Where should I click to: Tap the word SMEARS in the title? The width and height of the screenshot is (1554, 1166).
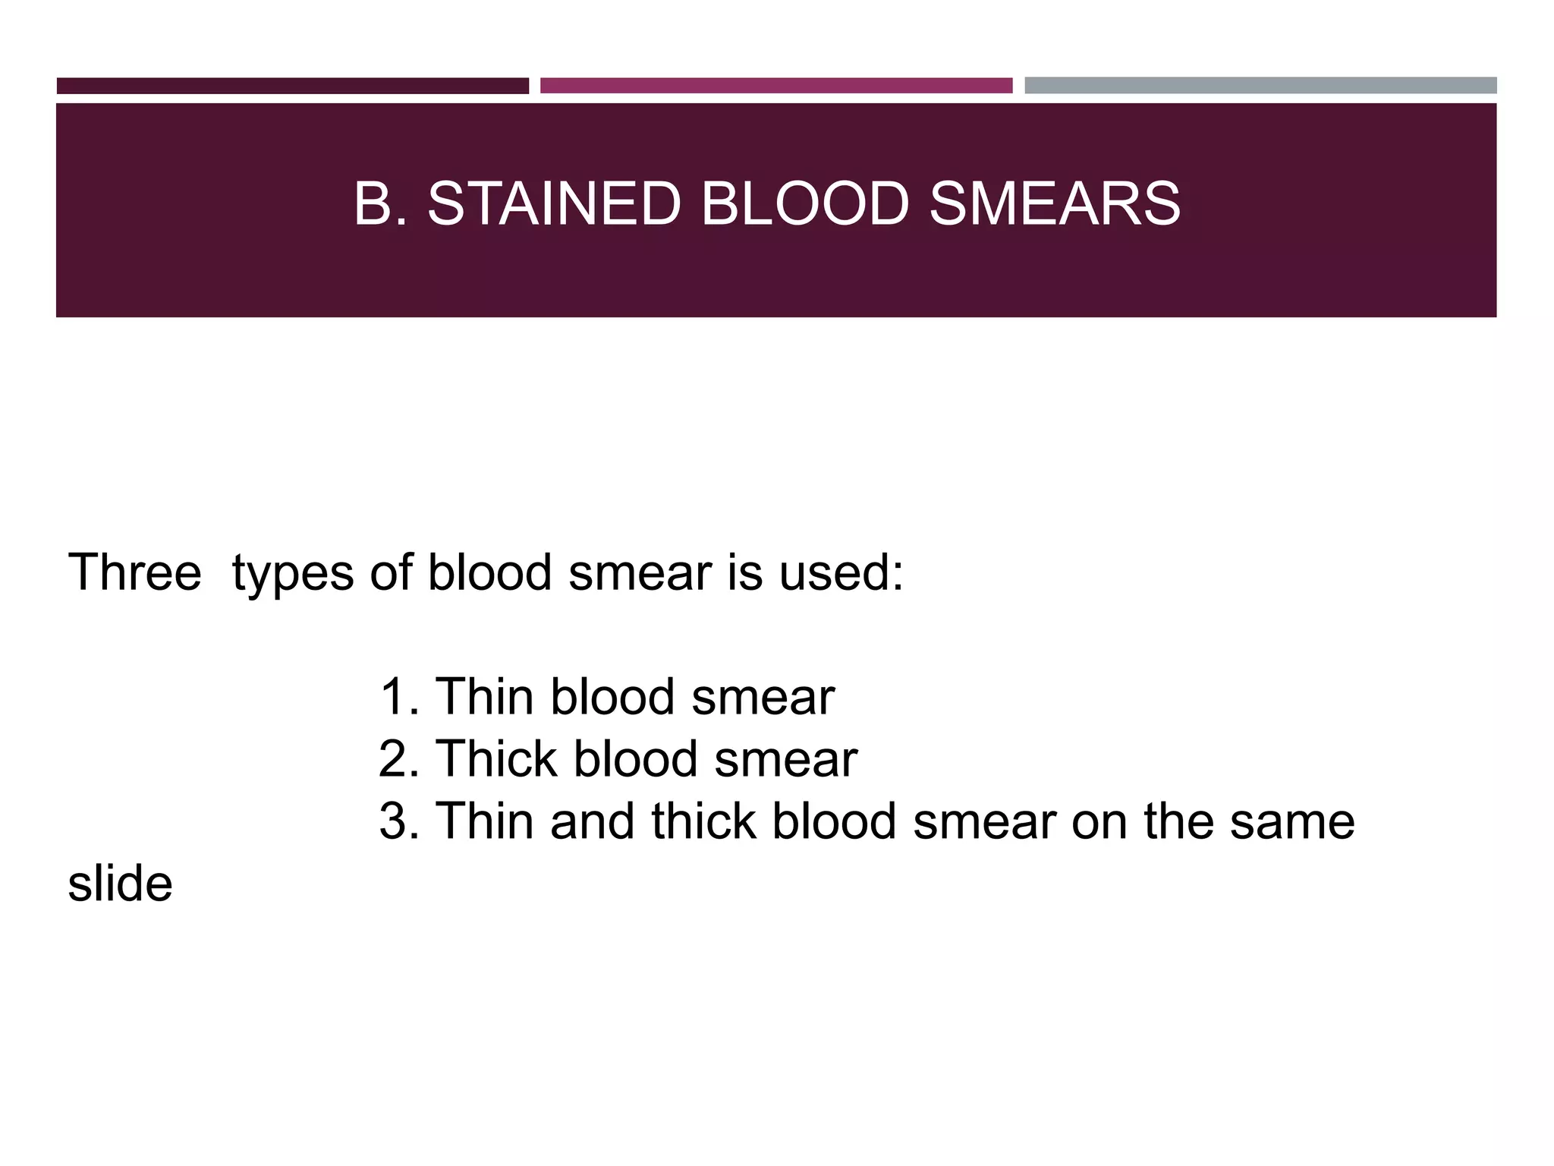click(x=1054, y=204)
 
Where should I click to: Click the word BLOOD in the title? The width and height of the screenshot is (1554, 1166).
click(x=804, y=204)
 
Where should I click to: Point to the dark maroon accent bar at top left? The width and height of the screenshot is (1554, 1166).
click(x=292, y=86)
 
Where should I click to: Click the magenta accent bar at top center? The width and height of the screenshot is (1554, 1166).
click(x=775, y=86)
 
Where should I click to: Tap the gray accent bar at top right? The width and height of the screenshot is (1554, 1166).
click(x=1260, y=86)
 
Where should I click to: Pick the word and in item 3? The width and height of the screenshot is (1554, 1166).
click(x=593, y=821)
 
